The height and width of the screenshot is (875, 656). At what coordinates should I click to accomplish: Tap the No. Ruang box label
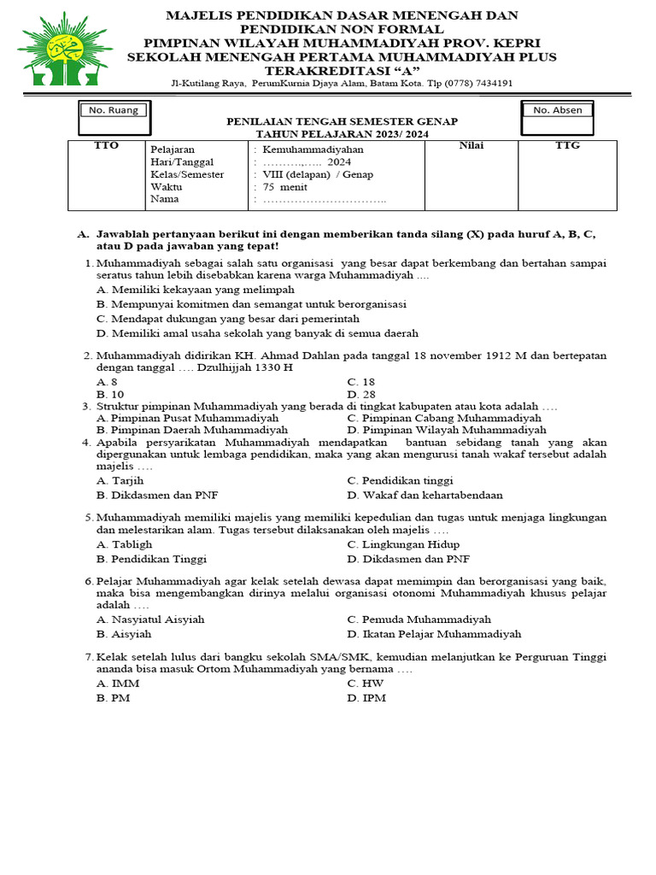(x=112, y=110)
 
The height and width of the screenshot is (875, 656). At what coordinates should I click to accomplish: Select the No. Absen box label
(x=557, y=110)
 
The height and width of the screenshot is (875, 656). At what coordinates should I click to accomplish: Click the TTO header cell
(x=106, y=146)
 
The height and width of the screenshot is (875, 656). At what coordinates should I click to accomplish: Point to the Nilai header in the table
(x=471, y=146)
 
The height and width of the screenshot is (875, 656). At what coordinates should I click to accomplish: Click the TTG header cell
(x=567, y=146)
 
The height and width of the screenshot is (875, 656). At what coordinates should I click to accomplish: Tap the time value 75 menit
(x=285, y=187)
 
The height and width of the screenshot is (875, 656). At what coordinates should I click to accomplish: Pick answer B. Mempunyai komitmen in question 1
(x=251, y=304)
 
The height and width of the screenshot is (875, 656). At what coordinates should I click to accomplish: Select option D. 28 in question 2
(x=361, y=395)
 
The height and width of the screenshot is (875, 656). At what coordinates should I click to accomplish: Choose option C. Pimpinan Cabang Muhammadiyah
(x=444, y=419)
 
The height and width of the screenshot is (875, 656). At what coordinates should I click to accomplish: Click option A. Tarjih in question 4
(x=120, y=481)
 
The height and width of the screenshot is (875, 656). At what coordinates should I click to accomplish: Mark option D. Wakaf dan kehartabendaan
(x=425, y=495)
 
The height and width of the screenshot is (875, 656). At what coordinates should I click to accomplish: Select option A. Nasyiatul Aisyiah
(x=150, y=620)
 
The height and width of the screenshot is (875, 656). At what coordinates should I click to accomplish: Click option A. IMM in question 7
(x=118, y=684)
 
